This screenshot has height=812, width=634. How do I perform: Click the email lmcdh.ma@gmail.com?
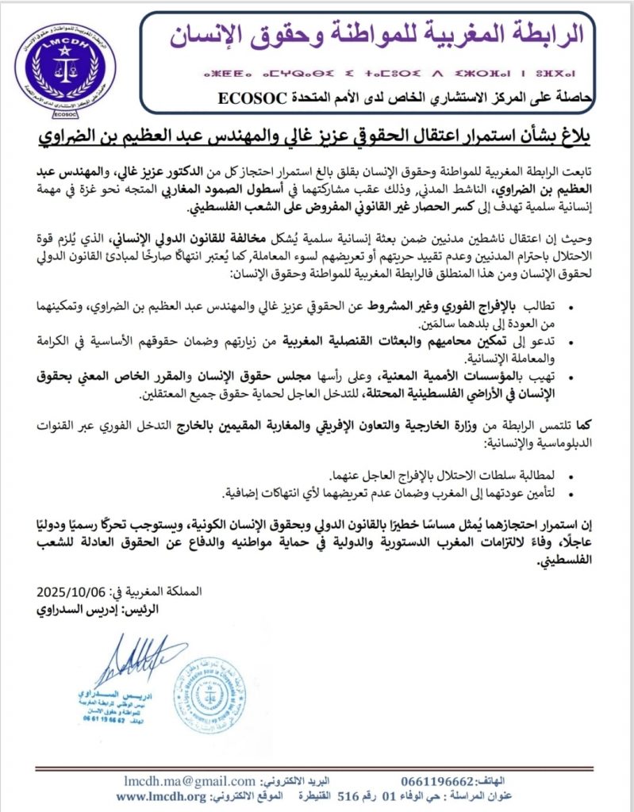(x=190, y=781)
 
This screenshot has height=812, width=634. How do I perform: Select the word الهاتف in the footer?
(x=590, y=781)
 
